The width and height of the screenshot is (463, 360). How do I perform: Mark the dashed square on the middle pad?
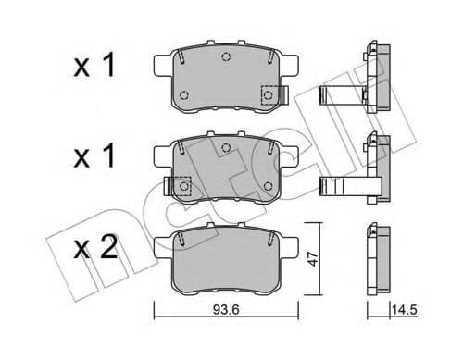183,186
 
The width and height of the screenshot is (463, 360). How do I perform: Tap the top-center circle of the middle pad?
226,149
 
